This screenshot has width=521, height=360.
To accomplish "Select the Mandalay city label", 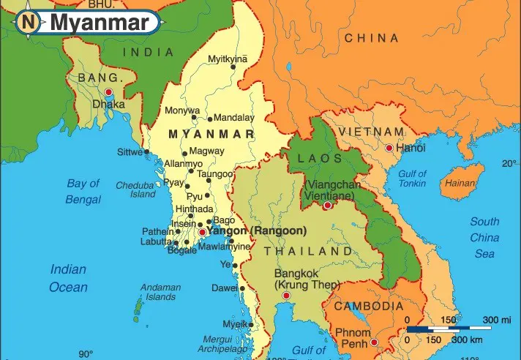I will [234, 117].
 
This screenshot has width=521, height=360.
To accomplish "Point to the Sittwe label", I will [130, 152].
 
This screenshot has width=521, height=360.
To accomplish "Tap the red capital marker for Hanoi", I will [389, 148].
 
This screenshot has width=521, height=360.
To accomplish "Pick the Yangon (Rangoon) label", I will [256, 230].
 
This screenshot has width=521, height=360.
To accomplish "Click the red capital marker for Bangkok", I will [286, 295].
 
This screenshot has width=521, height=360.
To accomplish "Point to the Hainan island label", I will [460, 183].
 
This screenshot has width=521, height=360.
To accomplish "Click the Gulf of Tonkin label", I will [412, 179].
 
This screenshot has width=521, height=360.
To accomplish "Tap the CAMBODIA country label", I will [369, 307].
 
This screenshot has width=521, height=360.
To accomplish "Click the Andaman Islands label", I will [160, 292].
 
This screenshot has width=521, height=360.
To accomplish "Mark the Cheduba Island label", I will [135, 190].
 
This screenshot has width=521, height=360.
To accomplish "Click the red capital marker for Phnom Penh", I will [374, 341].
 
